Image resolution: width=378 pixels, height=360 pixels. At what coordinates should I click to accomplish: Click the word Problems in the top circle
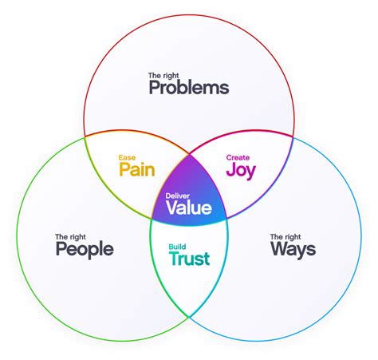pos(188,88)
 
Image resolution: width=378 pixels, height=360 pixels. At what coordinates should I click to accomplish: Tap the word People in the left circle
pos(85,249)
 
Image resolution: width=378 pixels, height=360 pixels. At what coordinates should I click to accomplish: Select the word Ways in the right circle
pos(292,249)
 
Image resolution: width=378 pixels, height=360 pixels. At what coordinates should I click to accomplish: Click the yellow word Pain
pos(136,169)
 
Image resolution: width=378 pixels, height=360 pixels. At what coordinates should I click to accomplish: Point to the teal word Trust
pos(189,259)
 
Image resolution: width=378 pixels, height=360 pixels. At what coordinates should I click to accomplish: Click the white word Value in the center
pos(189,208)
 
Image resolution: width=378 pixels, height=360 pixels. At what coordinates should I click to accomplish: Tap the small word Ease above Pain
pos(127,157)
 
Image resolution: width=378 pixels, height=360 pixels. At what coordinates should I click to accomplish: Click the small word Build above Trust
pos(177,247)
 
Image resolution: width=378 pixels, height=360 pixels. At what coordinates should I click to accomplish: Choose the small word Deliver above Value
pos(178,196)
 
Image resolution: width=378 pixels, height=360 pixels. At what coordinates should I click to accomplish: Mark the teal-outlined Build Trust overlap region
pos(189,279)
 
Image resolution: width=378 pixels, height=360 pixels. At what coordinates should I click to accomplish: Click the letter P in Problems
pos(155,88)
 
